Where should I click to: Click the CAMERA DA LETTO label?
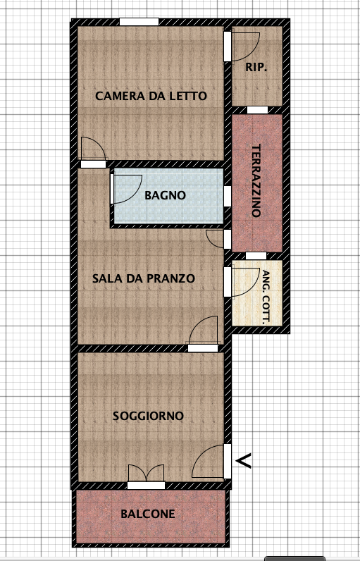click(x=151, y=96)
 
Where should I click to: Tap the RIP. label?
click(x=256, y=67)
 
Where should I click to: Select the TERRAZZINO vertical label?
click(x=256, y=180)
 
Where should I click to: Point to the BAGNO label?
click(x=165, y=195)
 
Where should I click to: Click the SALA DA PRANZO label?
click(x=144, y=278)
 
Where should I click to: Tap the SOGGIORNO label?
click(x=149, y=416)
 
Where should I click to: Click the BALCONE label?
click(x=148, y=514)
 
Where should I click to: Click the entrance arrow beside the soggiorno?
click(x=244, y=461)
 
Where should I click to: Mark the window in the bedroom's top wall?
click(x=139, y=22)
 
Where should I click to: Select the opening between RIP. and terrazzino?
click(x=257, y=110)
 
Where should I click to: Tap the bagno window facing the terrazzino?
click(x=228, y=196)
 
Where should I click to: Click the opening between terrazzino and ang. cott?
click(x=256, y=256)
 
